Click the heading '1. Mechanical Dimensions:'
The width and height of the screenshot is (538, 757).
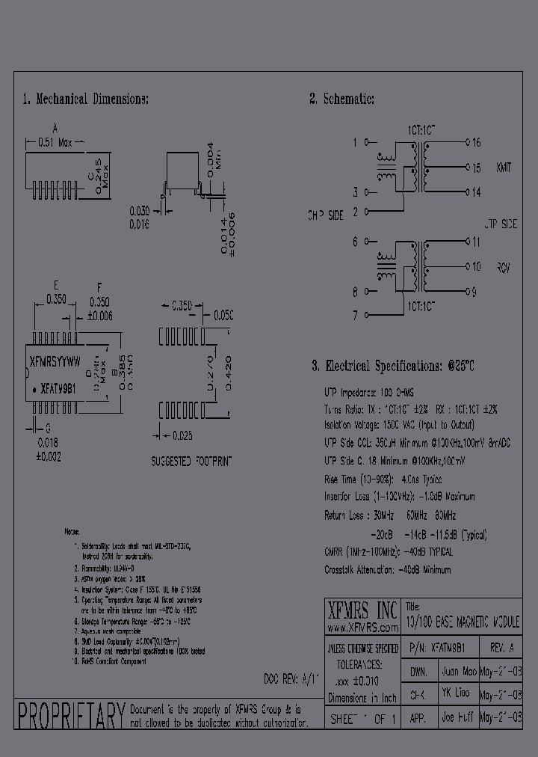tap(85, 99)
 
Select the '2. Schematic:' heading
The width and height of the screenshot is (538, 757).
tap(341, 99)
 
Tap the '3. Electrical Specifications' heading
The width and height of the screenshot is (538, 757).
tap(393, 366)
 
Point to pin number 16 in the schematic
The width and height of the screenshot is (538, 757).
tap(476, 141)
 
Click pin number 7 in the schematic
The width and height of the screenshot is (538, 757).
tap(355, 316)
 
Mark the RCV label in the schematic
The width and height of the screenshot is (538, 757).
tap(502, 266)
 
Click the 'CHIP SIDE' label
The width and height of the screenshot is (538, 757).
tap(325, 215)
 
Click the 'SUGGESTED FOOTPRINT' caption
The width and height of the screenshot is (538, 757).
tap(192, 460)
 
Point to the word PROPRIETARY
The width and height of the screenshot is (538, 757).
tap(70, 716)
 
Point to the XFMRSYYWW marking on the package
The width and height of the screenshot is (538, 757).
tap(54, 360)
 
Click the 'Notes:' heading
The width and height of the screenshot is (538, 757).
tap(72, 531)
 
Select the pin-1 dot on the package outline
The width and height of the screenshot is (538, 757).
tap(34, 390)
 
